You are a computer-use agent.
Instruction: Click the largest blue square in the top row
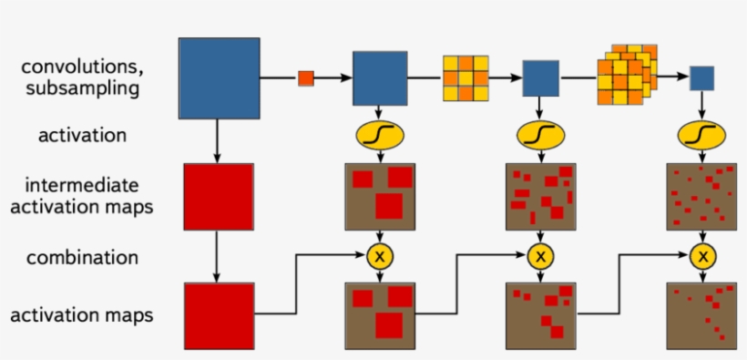tap(219, 77)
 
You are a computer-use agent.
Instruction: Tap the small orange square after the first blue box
tap(305, 78)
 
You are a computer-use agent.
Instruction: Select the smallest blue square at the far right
tap(701, 78)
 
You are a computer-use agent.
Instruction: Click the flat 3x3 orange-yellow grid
tap(466, 78)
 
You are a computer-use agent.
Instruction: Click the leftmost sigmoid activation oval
tap(379, 134)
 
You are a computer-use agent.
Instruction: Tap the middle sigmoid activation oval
tap(541, 135)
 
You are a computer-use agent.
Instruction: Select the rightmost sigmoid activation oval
tap(701, 135)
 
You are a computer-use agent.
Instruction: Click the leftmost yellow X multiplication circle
tap(379, 257)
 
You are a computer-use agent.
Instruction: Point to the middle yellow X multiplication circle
tap(541, 257)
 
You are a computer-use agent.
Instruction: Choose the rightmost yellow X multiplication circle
tap(701, 257)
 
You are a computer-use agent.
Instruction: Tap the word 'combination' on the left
tap(82, 258)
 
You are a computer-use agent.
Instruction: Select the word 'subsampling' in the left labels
tap(82, 88)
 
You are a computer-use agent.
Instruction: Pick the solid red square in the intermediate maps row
tap(218, 196)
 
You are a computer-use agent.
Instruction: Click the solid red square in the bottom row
tap(218, 315)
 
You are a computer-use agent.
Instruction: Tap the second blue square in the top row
tap(379, 78)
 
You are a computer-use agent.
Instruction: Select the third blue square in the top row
tap(540, 78)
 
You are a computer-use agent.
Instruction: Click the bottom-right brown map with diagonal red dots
tap(701, 315)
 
